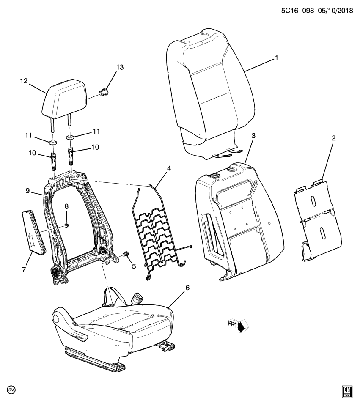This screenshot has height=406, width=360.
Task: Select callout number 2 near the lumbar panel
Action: (x=333, y=138)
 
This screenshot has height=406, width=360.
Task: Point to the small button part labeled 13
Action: (x=104, y=92)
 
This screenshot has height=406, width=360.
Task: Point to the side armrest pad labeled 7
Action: (x=33, y=232)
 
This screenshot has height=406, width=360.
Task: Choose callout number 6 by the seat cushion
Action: (x=187, y=288)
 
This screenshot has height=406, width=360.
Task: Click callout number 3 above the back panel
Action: (x=253, y=135)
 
